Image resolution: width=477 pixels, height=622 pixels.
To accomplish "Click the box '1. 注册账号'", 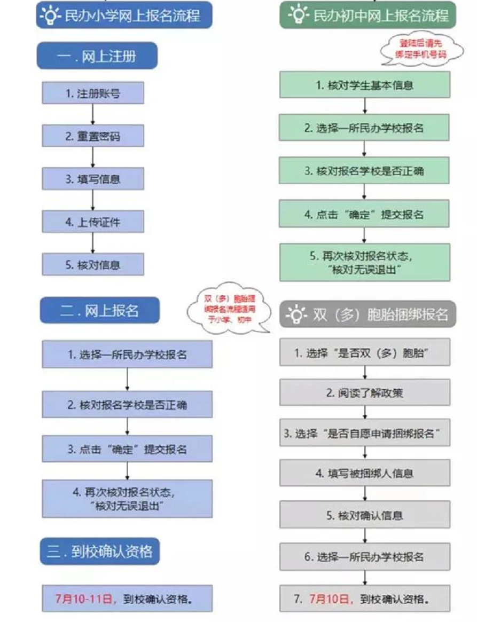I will coord(93,93).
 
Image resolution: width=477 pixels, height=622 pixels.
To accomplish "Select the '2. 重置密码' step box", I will coord(93,136).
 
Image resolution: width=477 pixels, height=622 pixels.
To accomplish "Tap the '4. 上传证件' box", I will coord(93,222).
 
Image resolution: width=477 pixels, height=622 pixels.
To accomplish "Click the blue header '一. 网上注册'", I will coord(97,56).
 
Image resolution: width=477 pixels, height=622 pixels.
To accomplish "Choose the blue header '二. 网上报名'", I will coord(99,311).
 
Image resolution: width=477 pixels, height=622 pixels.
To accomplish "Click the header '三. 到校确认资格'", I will coord(99,552).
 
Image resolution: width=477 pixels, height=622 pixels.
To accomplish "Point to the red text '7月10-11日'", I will coord(84,599).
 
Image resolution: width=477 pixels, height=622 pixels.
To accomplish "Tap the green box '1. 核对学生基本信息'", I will coord(364,85).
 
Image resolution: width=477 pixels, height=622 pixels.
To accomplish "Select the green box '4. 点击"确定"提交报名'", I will coord(364,214).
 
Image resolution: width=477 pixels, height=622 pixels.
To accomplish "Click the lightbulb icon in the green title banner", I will coord(298,15).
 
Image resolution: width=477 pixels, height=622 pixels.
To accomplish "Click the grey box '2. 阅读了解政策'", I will coord(364,393).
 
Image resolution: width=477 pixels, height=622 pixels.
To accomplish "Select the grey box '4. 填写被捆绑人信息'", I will coord(364,473).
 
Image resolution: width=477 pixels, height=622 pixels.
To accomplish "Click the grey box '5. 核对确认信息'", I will coord(364,516).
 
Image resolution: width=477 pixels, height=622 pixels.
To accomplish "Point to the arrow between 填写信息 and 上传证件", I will coord(93,200).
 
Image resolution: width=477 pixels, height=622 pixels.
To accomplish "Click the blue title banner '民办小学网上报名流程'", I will coord(125,15).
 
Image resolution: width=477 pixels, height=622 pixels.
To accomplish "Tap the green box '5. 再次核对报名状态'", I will coord(364,262).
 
